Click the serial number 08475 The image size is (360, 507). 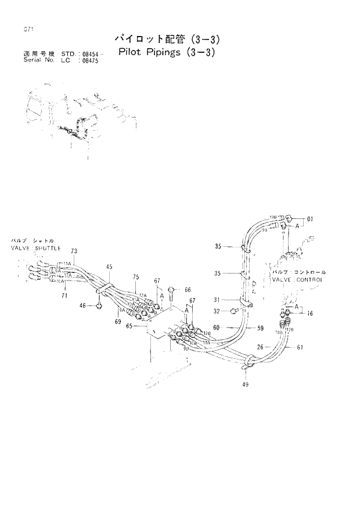(88, 60)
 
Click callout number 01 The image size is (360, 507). (309, 219)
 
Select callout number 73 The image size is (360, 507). (74, 251)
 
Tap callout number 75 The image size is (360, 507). (136, 276)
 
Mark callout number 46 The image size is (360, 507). (82, 305)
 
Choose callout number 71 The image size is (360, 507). (65, 296)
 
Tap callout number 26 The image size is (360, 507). (261, 347)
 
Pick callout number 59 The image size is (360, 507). (260, 328)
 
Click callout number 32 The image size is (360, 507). (217, 311)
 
